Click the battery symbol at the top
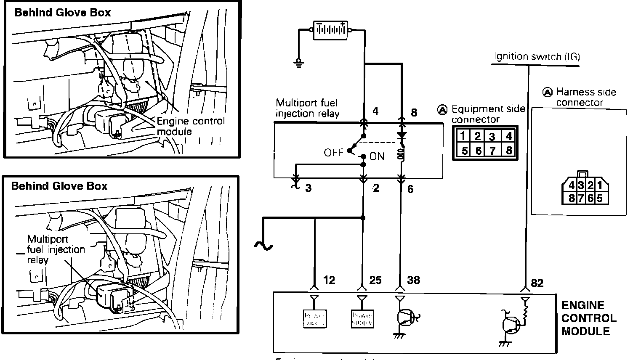[330, 30]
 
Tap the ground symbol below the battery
[298, 63]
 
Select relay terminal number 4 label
[375, 111]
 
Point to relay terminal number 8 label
[414, 112]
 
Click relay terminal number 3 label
[309, 188]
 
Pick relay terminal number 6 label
[410, 189]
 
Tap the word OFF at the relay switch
[334, 152]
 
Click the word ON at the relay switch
[377, 156]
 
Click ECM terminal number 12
[329, 280]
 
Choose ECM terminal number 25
[375, 280]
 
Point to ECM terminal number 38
[414, 280]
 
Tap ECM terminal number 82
[537, 283]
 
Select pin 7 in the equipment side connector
[492, 150]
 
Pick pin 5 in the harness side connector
[600, 197]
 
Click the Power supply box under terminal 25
[362, 319]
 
